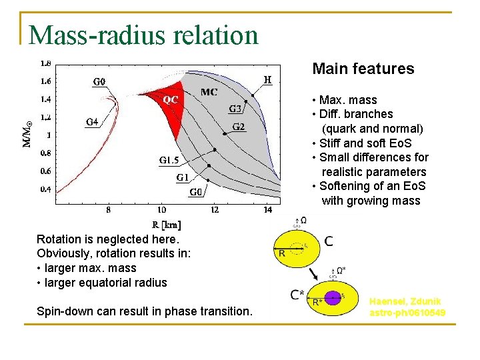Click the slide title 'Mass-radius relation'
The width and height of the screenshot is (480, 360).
click(143, 35)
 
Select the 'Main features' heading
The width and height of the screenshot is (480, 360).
click(363, 69)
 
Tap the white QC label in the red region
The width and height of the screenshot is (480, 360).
click(171, 99)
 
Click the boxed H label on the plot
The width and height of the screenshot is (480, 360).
click(267, 79)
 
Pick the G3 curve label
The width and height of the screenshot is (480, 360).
click(236, 109)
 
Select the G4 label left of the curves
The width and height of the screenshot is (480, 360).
click(93, 122)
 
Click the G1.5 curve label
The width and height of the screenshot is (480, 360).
click(169, 161)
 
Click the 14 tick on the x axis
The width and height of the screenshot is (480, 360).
click(267, 210)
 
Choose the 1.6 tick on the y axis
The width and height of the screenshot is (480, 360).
click(45, 81)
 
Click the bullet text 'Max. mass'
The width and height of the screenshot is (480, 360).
click(347, 100)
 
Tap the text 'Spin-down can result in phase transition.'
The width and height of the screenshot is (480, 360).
click(145, 311)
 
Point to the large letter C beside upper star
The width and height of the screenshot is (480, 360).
click(329, 241)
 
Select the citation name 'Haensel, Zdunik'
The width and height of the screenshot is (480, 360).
click(407, 302)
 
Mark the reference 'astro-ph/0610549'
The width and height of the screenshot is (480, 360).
click(407, 313)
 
